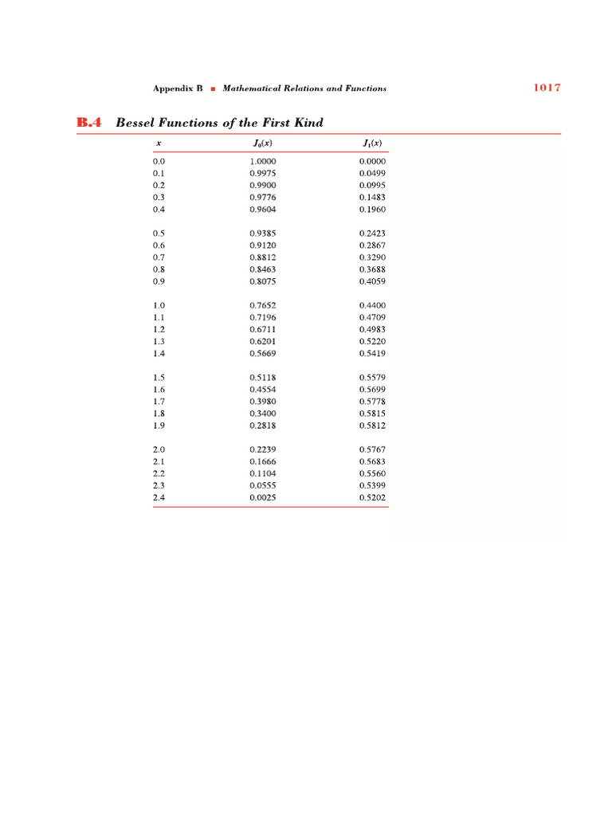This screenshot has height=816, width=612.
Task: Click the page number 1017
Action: pyautogui.click(x=547, y=88)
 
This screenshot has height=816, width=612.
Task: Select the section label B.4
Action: pyautogui.click(x=90, y=123)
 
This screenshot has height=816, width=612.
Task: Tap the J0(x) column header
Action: pyautogui.click(x=262, y=144)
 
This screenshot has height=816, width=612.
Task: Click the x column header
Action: pyautogui.click(x=159, y=144)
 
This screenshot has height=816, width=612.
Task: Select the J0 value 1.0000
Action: pyautogui.click(x=262, y=161)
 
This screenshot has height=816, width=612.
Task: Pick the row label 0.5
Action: pyautogui.click(x=159, y=233)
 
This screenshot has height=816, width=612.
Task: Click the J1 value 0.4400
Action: pyautogui.click(x=372, y=305)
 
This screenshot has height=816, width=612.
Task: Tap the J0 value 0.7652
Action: pyautogui.click(x=262, y=305)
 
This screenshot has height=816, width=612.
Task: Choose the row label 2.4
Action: pyautogui.click(x=159, y=498)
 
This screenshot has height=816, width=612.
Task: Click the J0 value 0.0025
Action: pyautogui.click(x=262, y=498)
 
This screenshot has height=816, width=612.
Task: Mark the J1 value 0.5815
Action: pyautogui.click(x=372, y=414)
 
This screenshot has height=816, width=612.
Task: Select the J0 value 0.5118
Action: pyautogui.click(x=262, y=378)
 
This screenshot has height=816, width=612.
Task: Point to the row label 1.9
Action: pyautogui.click(x=159, y=426)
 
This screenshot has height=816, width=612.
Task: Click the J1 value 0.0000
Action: pyautogui.click(x=372, y=161)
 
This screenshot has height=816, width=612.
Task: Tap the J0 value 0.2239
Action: pyautogui.click(x=262, y=449)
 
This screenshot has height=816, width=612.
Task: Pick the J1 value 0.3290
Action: pyautogui.click(x=372, y=257)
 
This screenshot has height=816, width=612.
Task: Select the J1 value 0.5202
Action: pyautogui.click(x=372, y=498)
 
